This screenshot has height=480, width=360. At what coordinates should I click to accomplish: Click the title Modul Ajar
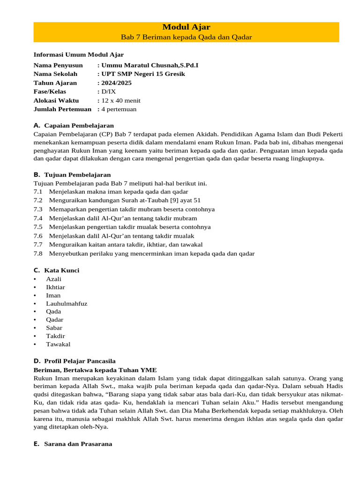pos(186,27)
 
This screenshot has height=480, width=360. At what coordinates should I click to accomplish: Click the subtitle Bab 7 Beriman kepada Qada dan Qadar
pos(186,37)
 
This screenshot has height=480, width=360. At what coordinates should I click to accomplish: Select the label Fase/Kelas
pos(50,91)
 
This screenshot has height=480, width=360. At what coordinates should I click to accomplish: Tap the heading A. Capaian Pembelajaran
pos(74,126)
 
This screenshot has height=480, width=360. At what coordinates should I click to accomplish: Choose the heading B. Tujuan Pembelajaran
pos(72,174)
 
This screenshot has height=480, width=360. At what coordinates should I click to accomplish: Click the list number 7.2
pos(38,200)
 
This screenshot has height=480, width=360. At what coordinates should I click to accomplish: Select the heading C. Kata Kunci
pos(56,270)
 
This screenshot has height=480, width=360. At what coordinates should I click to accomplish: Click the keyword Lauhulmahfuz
pos(67,303)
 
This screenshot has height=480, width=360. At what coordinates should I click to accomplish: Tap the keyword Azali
pos(53,279)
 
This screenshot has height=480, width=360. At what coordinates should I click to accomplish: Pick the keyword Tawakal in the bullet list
pos(58,344)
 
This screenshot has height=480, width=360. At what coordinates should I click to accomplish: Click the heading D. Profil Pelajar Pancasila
pos(75,361)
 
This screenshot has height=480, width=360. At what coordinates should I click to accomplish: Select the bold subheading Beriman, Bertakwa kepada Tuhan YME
pos(95,370)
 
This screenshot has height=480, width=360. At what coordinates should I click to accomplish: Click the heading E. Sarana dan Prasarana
pos(73,443)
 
